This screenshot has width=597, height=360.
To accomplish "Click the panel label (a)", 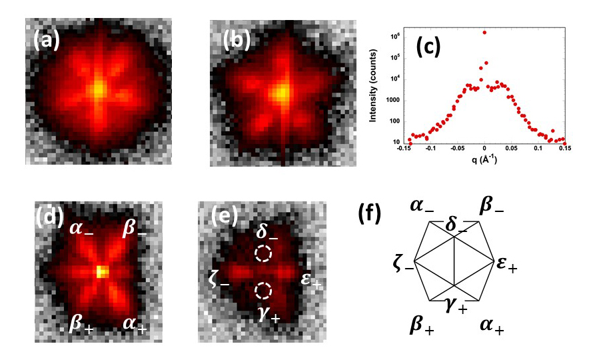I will (x=47, y=41).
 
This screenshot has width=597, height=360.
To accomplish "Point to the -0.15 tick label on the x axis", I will (x=403, y=150).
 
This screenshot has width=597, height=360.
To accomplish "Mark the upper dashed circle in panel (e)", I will (x=263, y=254).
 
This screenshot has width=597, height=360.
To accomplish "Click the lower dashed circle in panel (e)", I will (x=263, y=291).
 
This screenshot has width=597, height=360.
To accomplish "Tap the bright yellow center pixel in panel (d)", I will (x=101, y=271).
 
